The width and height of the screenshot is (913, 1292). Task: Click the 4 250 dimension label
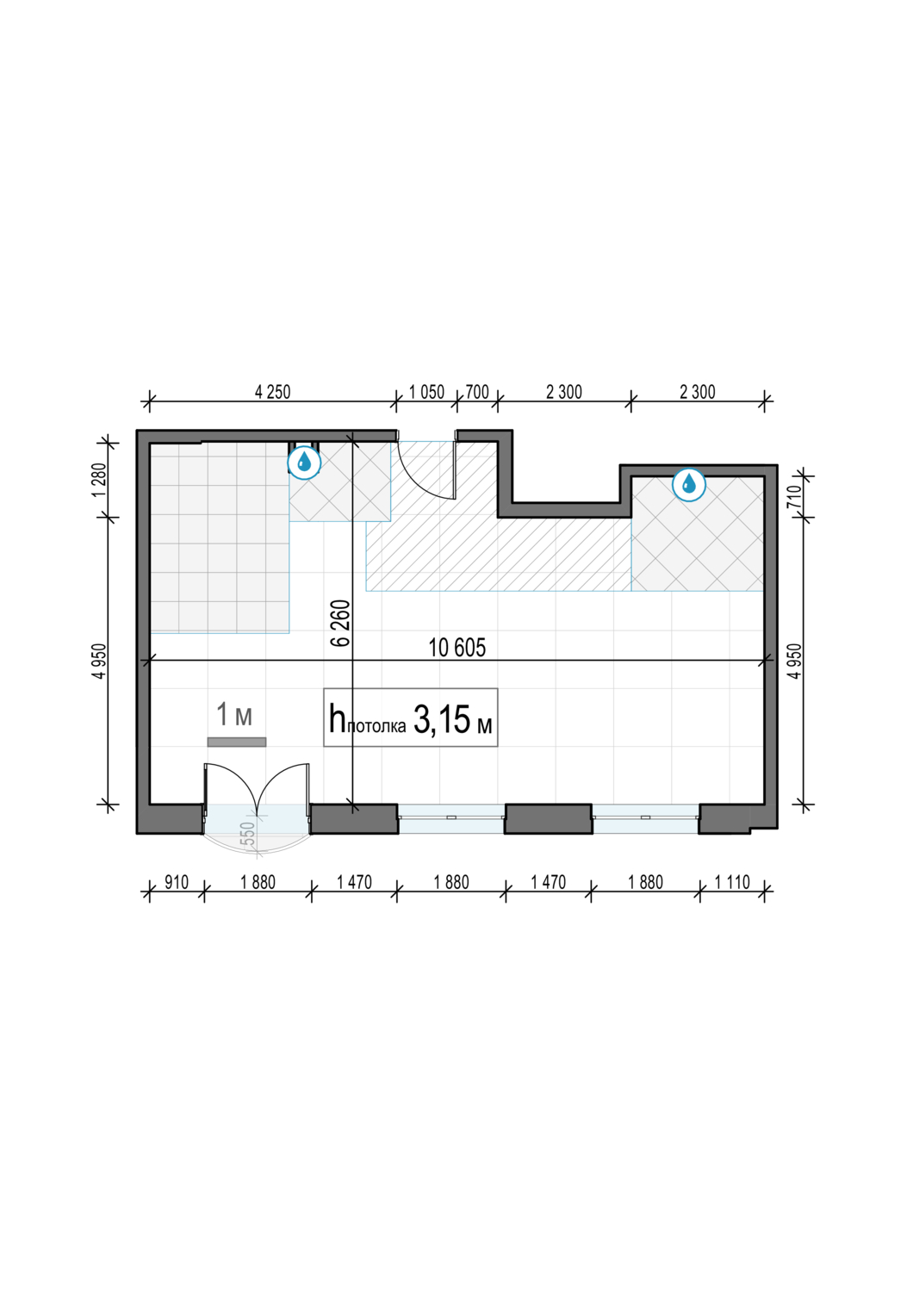coord(272,392)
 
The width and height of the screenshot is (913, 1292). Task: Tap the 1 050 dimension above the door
coord(426,392)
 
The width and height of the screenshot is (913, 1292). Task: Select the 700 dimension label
coord(477,392)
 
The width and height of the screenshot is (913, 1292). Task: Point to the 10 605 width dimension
coord(456,648)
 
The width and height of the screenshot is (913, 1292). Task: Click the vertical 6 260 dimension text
coord(341,623)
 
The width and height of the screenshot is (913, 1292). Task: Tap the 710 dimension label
coord(794,496)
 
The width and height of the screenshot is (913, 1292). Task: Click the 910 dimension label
coord(177,883)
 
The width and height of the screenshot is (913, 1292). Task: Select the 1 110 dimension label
coord(732,883)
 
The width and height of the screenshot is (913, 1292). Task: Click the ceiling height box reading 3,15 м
coord(410,717)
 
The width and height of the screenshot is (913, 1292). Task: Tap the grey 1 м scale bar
coord(237,742)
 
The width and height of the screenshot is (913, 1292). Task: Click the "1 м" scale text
coord(233,714)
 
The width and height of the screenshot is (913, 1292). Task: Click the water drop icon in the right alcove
coord(689,484)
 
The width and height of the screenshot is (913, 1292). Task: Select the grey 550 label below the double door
coord(247,834)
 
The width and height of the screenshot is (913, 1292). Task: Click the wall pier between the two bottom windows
coord(549,818)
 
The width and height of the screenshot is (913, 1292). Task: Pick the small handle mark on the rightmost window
coord(645,818)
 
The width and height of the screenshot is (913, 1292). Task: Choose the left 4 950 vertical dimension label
coord(99,662)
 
